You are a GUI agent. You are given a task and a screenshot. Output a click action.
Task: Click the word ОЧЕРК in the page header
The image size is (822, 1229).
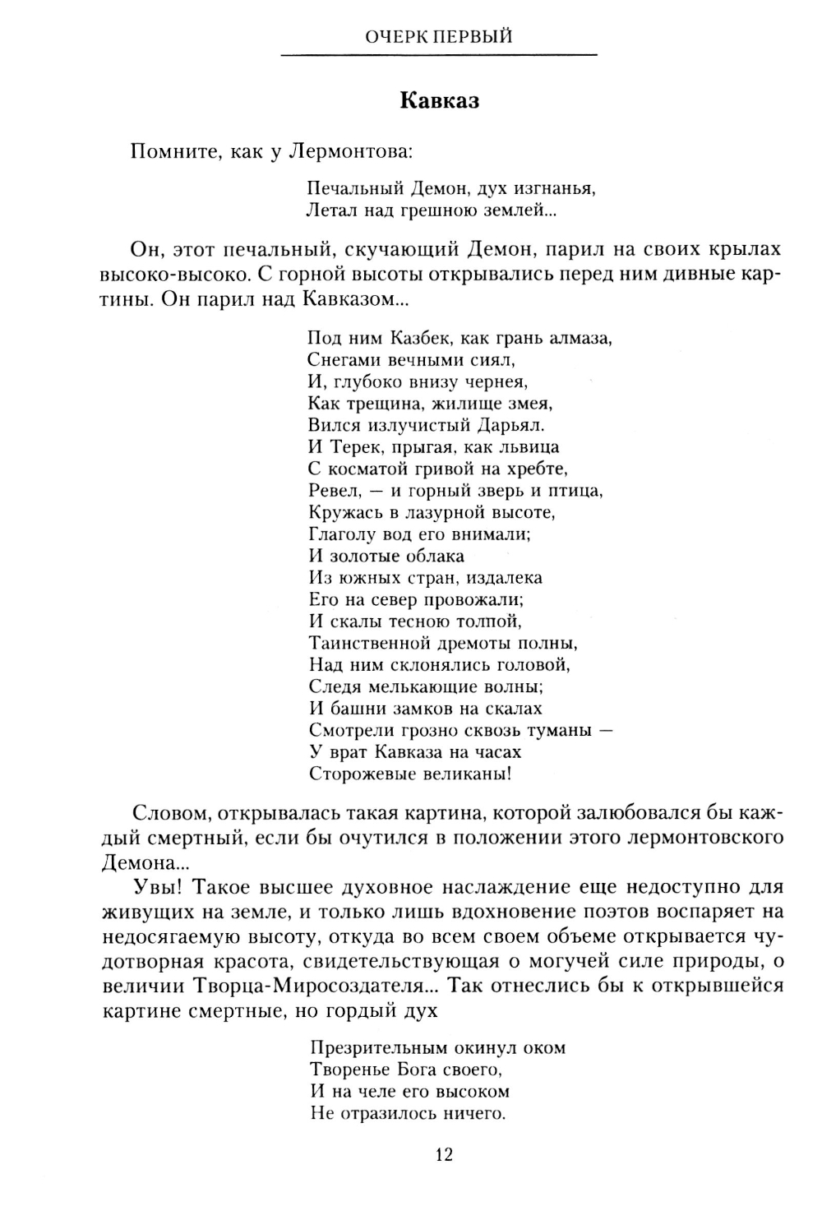(392, 36)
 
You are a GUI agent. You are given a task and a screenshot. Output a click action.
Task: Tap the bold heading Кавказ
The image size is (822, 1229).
(440, 101)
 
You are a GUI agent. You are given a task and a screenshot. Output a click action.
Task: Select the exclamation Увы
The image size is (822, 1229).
(152, 887)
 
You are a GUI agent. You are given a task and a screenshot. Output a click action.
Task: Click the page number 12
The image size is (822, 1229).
(443, 1154)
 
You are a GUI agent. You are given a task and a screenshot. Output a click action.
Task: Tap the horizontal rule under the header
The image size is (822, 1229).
(439, 55)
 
